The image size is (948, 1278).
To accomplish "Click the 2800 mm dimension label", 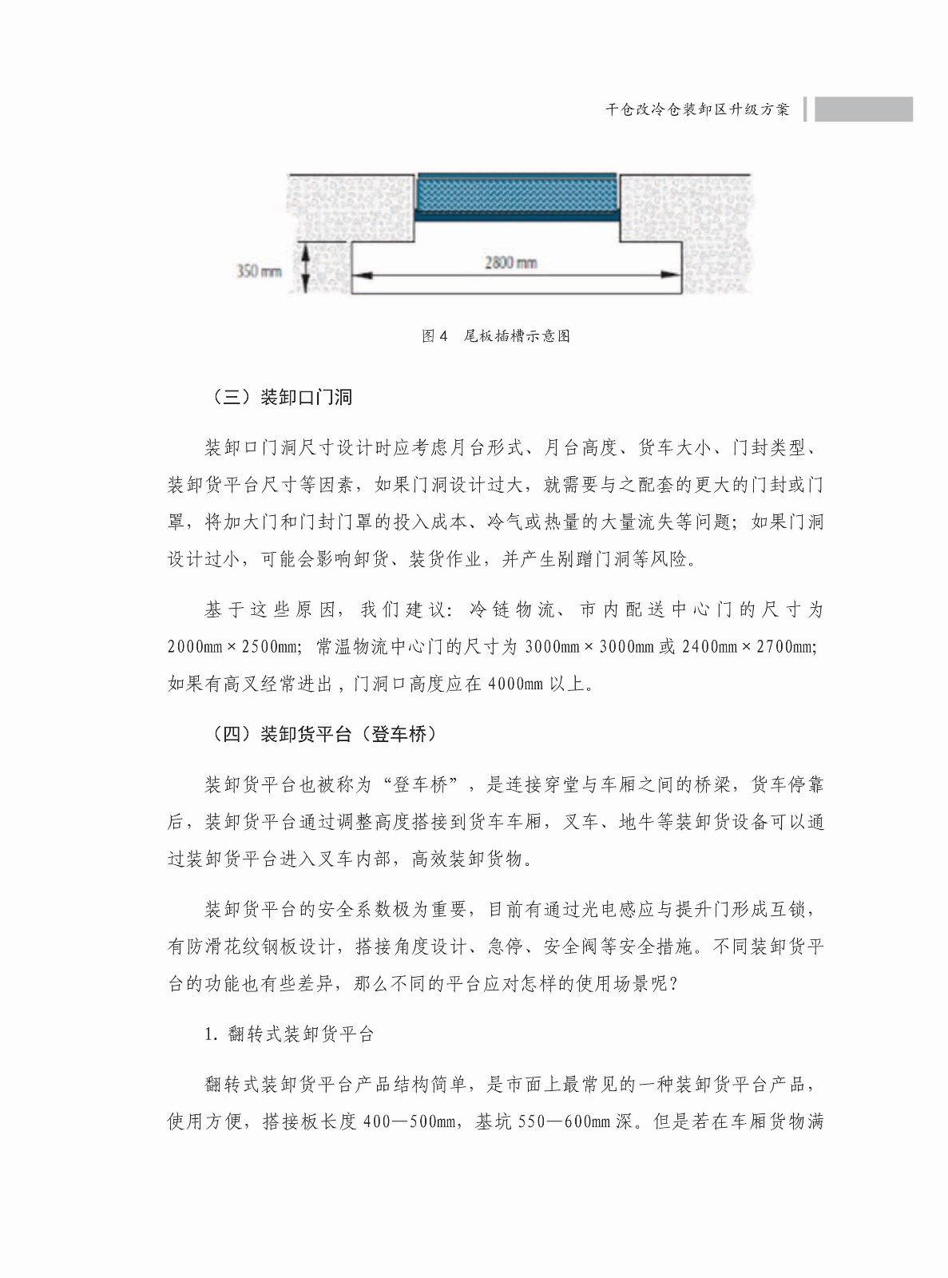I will [511, 262].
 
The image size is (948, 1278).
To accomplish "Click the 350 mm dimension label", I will [259, 271].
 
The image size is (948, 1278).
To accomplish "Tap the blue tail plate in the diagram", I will [516, 194].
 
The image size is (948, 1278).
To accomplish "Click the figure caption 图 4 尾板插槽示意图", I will [496, 335].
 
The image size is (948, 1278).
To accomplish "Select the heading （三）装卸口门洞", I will [280, 397].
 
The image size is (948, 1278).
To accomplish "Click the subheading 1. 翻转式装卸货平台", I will [289, 1034].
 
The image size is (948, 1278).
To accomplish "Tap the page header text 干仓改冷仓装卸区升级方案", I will [696, 109].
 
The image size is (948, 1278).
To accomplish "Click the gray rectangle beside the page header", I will [863, 109].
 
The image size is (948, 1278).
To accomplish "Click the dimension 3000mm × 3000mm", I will [589, 646].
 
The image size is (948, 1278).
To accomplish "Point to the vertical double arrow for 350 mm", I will [304, 269].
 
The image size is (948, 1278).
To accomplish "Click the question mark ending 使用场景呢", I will [676, 984].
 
